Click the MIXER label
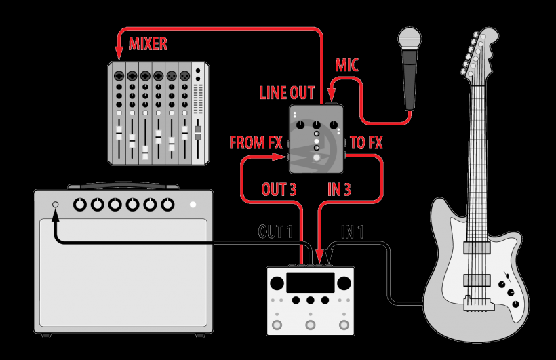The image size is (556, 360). [x=148, y=44]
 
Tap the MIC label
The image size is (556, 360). [x=346, y=65]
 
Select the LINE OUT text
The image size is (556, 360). [x=287, y=93]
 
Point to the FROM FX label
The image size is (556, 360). [x=256, y=142]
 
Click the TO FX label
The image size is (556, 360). [x=366, y=142]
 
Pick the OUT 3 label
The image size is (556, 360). [x=279, y=189]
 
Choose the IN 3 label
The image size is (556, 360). [x=339, y=189]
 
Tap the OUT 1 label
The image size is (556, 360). [x=275, y=232]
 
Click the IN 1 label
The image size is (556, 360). [x=353, y=232]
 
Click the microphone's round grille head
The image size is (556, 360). [x=410, y=38]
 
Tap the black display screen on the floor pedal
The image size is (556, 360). [x=311, y=282]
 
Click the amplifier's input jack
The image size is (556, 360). [x=56, y=205]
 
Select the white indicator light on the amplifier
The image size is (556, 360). [x=193, y=205]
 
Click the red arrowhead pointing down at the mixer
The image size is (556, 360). [x=119, y=54]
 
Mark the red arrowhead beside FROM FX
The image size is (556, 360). [x=279, y=157]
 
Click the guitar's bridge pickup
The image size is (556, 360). [x=477, y=280]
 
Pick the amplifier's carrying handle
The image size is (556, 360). [x=123, y=186]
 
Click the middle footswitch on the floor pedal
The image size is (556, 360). [x=311, y=325]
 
